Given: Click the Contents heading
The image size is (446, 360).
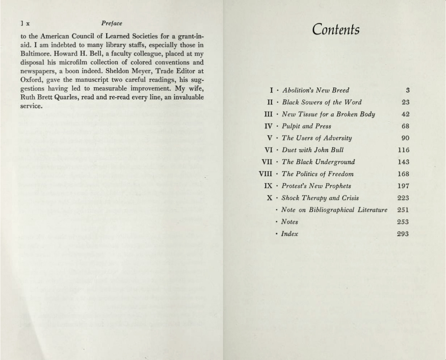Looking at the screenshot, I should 336,29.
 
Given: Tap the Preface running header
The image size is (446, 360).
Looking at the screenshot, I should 112,23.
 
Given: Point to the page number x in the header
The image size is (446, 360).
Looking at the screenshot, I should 28,24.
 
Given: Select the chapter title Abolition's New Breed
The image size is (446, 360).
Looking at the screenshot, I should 316,90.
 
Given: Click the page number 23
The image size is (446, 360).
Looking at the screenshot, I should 406,102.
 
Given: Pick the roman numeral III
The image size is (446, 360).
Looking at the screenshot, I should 268,114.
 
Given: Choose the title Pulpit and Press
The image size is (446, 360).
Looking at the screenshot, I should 306,126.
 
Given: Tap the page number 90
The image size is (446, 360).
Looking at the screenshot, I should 406,138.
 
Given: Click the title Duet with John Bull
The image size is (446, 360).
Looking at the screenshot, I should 313,150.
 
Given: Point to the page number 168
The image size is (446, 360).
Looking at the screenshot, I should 403,174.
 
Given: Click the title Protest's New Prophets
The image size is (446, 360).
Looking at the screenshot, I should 316,186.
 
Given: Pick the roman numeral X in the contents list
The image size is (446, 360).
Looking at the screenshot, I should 270,198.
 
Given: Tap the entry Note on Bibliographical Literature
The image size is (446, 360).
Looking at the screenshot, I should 334,210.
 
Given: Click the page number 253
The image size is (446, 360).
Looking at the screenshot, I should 403,222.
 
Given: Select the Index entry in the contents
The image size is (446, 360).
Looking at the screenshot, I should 289,234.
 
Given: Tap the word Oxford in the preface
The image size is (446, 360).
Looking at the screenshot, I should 30,80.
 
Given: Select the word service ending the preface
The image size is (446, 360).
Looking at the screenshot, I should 31,106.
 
